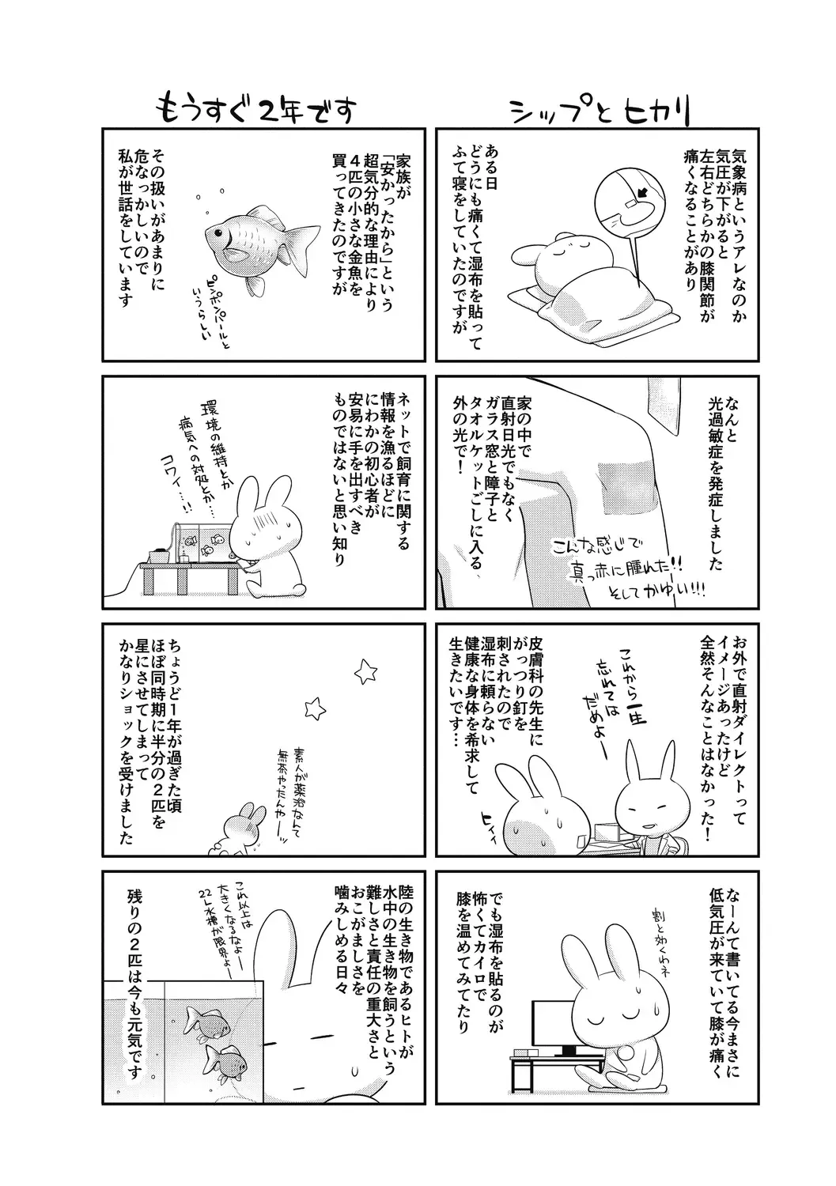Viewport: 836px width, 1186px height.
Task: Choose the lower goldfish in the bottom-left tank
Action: coord(224,1059)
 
